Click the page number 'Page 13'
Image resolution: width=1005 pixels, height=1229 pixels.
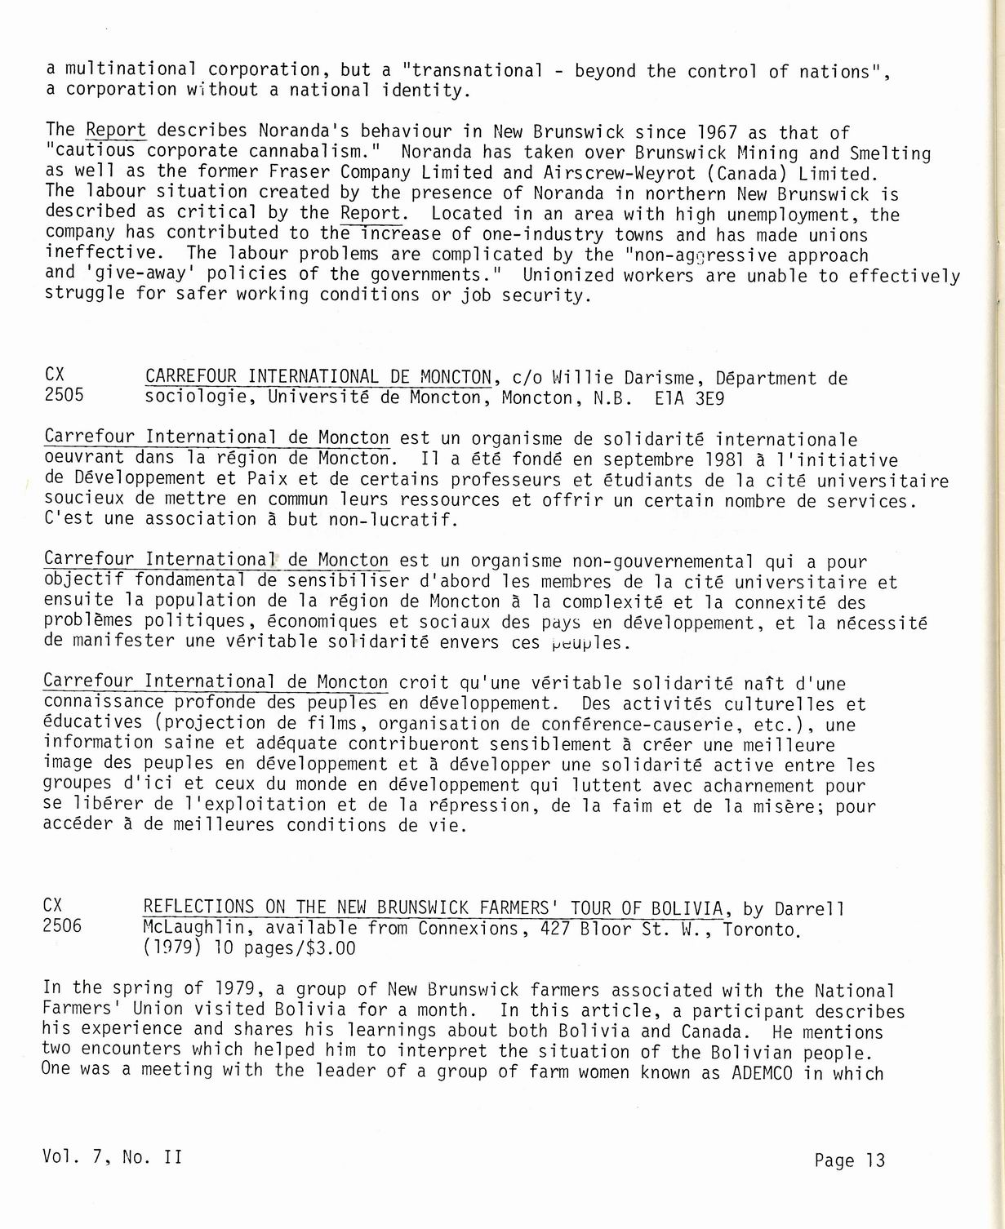point(849,1160)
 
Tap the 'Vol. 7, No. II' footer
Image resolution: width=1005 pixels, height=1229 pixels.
point(113,1157)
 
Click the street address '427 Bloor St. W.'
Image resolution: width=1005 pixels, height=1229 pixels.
point(620,928)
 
